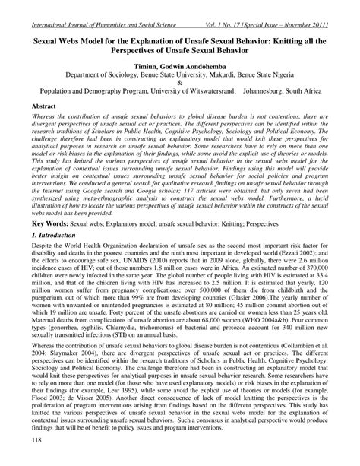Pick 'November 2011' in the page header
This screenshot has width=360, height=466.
[x=327, y=7]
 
